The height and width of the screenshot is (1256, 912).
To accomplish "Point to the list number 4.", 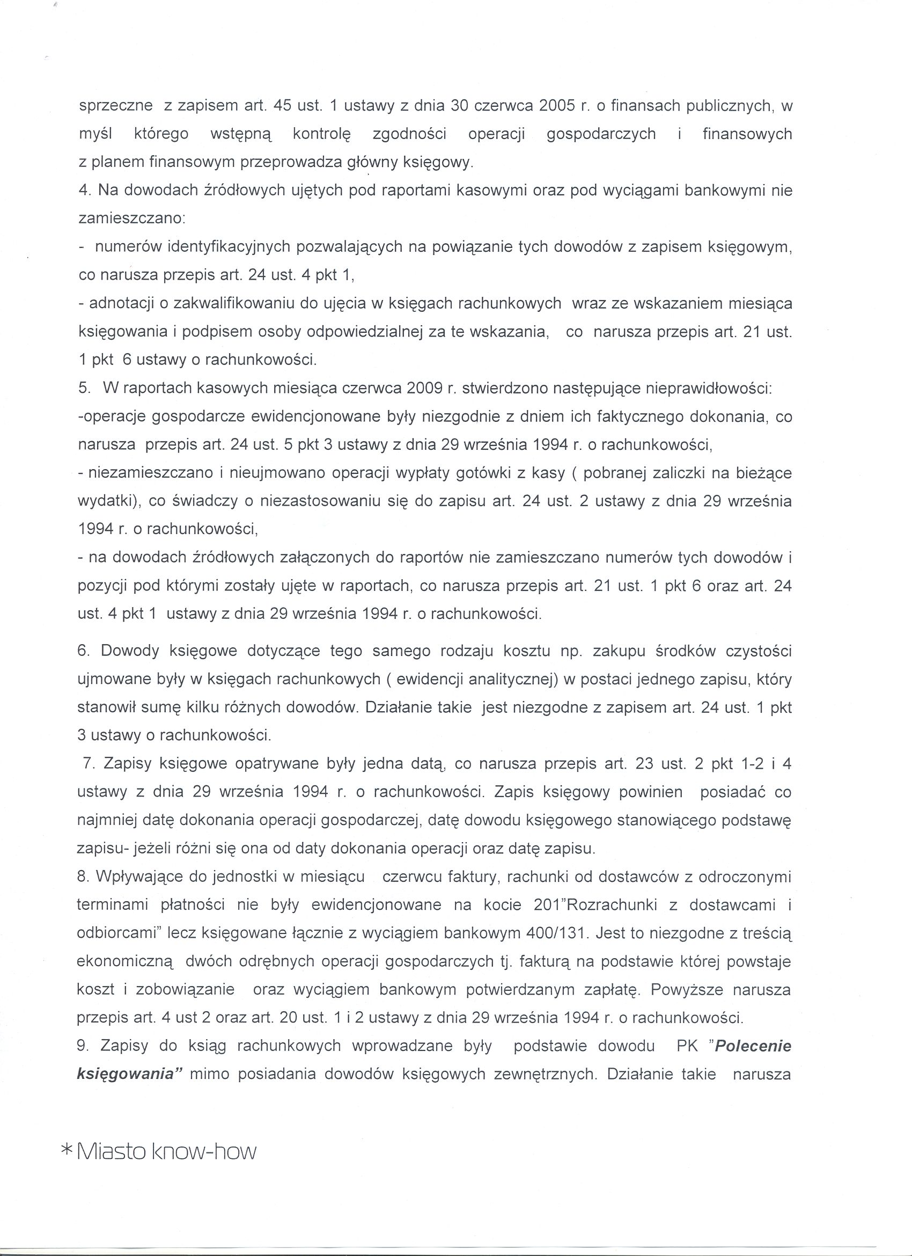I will click(85, 191).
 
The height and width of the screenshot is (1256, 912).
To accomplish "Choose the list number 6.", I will click(84, 651).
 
